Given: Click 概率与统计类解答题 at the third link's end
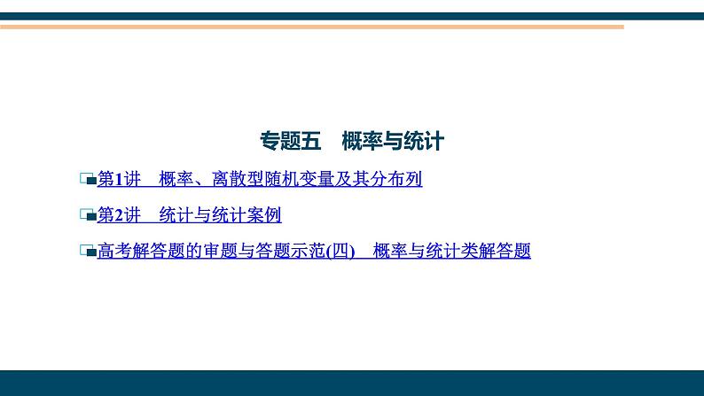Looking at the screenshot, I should [452, 252].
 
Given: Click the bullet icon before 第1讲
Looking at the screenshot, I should [87, 180].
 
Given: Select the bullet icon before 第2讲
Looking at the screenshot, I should [87, 215].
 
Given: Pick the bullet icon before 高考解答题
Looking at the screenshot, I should [87, 252].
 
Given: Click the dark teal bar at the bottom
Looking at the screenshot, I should [352, 384].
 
